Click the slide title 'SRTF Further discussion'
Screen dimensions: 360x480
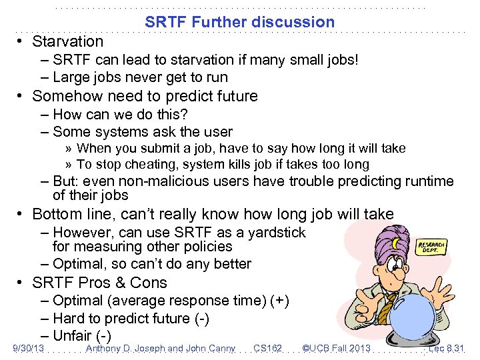pyautogui.click(x=240, y=22)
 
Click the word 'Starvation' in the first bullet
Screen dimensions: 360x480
pyautogui.click(x=67, y=41)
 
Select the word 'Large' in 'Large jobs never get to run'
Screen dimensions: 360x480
pyautogui.click(x=70, y=77)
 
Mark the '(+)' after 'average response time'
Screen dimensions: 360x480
pyautogui.click(x=279, y=301)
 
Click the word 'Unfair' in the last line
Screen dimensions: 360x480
pyautogui.click(x=73, y=336)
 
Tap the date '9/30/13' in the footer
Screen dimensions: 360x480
pyautogui.click(x=29, y=349)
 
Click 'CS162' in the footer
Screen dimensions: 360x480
pyautogui.click(x=268, y=349)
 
